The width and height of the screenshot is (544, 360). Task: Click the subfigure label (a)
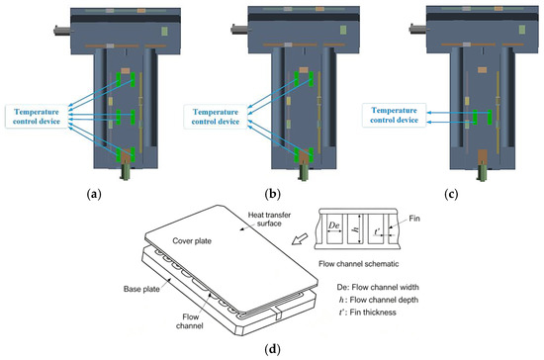click(x=94, y=194)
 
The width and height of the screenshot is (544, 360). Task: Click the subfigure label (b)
click(x=272, y=194)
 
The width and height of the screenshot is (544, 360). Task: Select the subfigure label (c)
click(x=451, y=194)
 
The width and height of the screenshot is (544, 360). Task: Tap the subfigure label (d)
click(x=272, y=349)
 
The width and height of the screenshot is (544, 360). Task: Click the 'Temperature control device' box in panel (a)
click(x=37, y=117)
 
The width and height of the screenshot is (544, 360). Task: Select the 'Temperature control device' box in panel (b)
click(x=215, y=117)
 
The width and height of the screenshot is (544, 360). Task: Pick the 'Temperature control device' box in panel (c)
click(x=394, y=115)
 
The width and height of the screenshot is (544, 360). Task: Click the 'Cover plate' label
click(x=192, y=241)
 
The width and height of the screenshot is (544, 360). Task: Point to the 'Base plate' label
click(x=141, y=289)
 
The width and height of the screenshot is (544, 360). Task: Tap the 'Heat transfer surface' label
click(x=269, y=220)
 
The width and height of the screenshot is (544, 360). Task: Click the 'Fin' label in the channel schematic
click(x=414, y=219)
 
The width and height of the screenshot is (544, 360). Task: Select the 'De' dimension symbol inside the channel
click(x=333, y=225)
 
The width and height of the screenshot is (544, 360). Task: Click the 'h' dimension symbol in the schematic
click(x=356, y=228)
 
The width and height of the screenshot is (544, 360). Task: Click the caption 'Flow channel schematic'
click(x=359, y=264)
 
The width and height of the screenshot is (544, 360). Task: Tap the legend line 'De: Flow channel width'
click(x=378, y=287)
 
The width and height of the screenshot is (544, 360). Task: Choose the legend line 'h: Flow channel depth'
click(x=379, y=300)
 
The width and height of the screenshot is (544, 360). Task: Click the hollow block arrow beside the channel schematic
click(x=300, y=239)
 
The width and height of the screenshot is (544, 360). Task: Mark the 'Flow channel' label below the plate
click(x=190, y=321)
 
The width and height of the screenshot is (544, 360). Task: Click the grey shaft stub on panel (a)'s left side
click(x=62, y=31)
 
